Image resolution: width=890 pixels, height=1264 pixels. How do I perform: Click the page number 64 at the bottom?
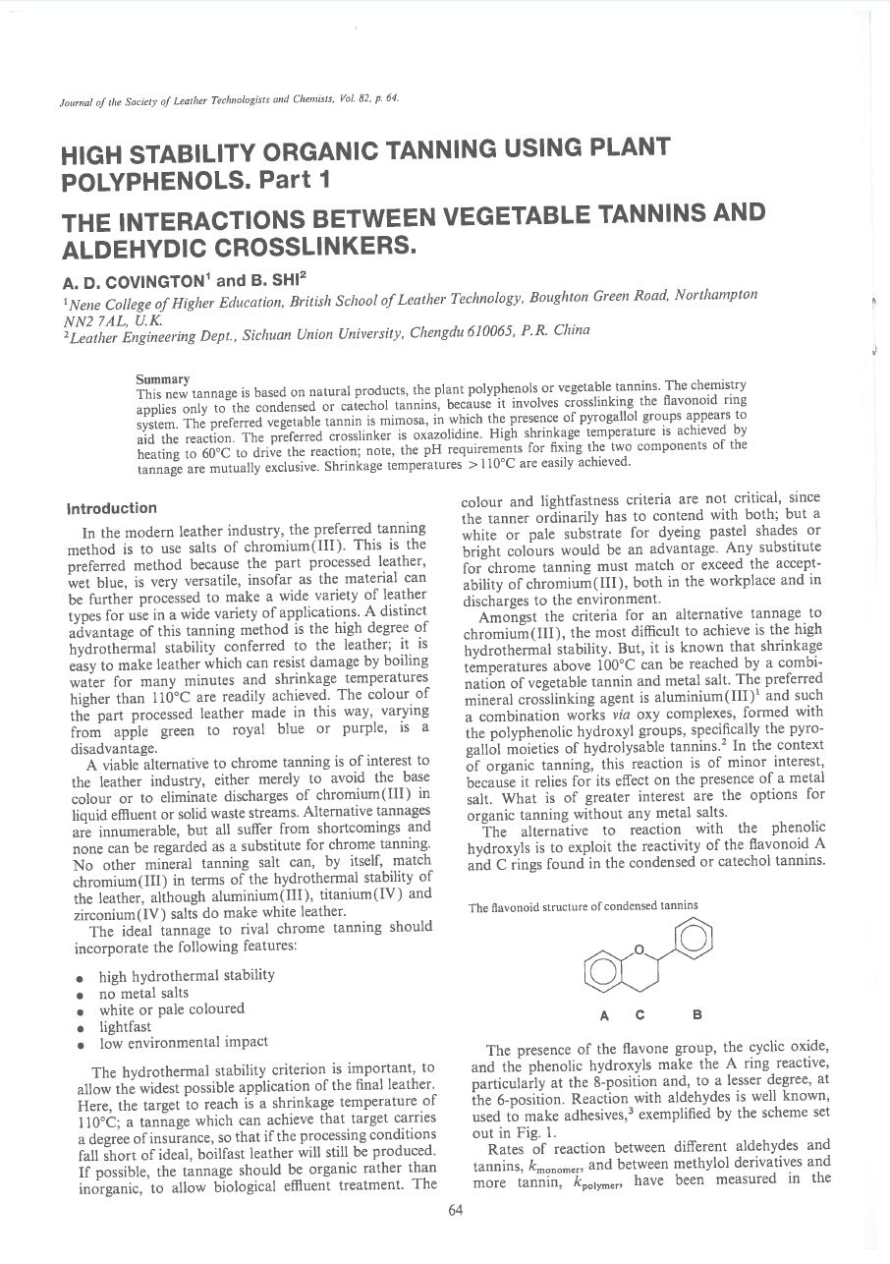455,1211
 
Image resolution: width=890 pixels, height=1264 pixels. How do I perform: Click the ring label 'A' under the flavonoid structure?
599,1012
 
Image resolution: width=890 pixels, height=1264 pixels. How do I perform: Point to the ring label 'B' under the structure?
696,1012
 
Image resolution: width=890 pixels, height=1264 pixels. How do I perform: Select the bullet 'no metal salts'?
143,993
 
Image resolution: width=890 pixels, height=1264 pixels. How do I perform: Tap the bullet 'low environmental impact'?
183,1042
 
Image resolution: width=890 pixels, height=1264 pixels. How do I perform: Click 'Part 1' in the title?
303,182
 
